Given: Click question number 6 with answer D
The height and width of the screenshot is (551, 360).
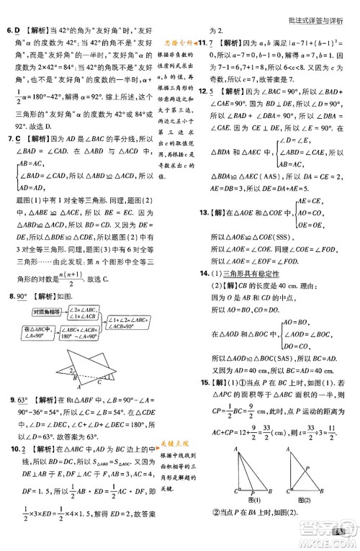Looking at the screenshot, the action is [x=9, y=32].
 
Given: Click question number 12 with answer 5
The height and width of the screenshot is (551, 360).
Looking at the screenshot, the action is [x=204, y=91].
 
